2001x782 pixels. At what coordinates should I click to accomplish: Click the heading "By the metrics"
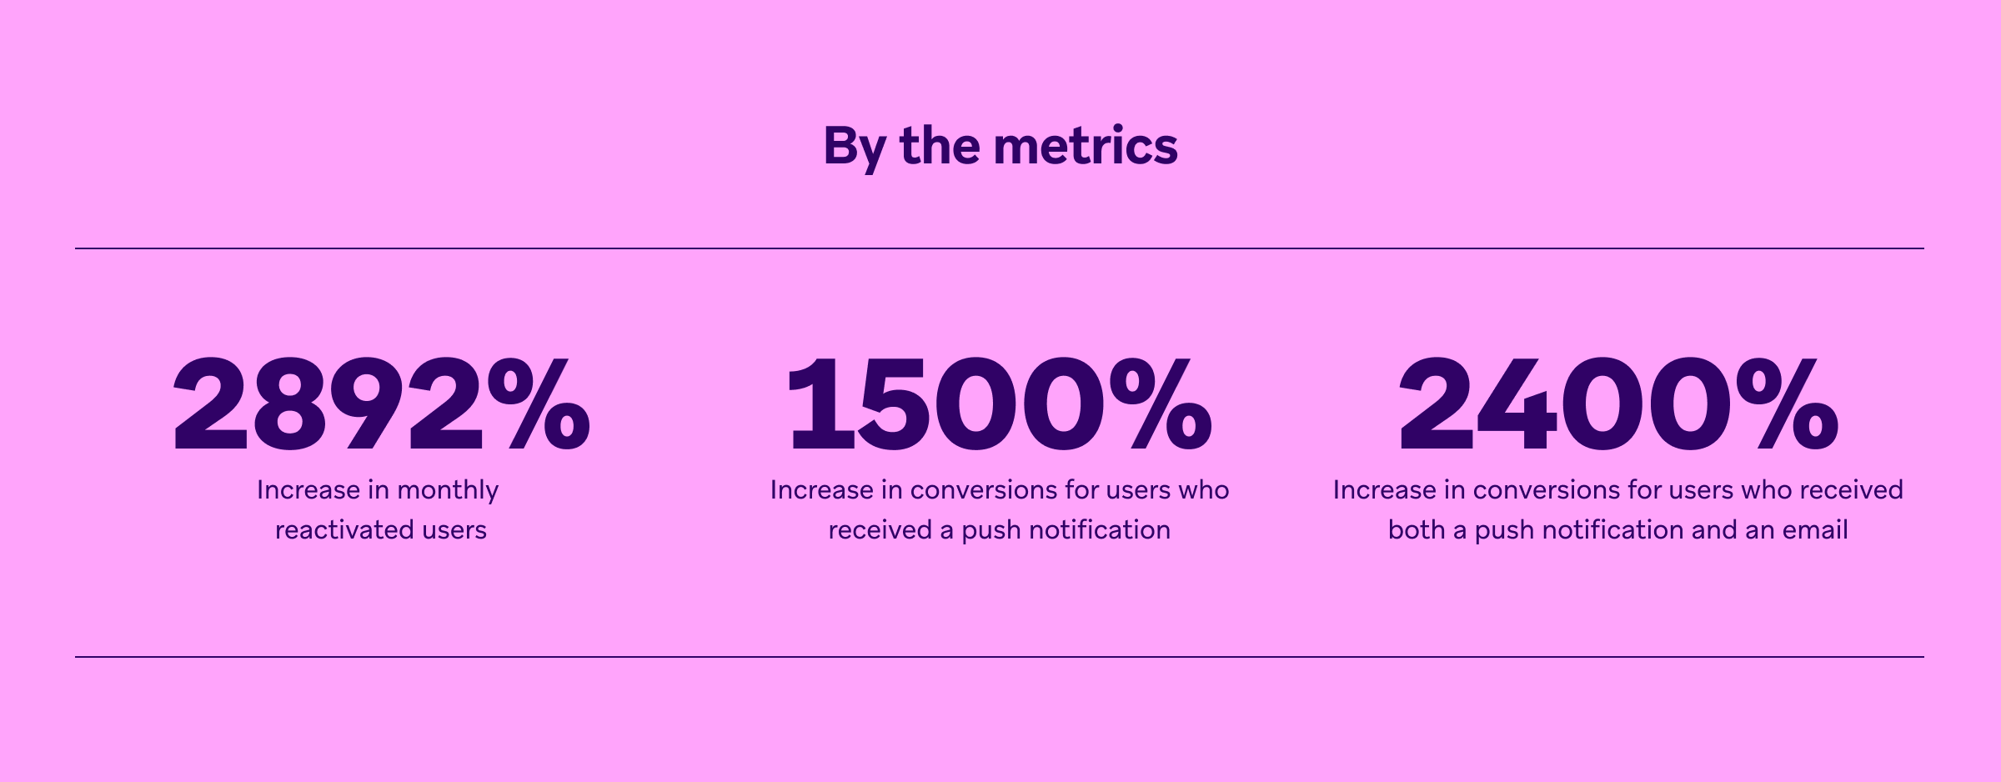click(1000, 146)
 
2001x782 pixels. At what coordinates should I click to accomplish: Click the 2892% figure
click(381, 404)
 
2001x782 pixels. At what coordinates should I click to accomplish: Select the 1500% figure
click(999, 404)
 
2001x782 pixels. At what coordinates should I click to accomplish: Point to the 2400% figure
click(1617, 404)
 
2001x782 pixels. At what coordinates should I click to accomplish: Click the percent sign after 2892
click(539, 404)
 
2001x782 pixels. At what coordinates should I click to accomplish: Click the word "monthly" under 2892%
click(448, 490)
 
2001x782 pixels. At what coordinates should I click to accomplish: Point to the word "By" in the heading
click(855, 148)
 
